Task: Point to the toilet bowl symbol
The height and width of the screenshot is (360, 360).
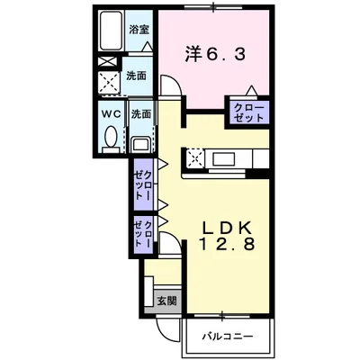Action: point(111,138)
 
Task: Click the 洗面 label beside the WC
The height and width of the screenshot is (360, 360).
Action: point(140,115)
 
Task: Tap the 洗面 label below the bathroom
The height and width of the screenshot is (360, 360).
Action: point(137,76)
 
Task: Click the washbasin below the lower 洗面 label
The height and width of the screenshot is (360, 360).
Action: point(140,144)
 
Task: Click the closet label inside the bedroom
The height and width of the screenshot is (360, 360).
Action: point(248,112)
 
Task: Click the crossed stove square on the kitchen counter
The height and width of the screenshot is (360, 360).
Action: point(196,159)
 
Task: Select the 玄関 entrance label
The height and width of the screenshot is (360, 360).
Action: point(165,301)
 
